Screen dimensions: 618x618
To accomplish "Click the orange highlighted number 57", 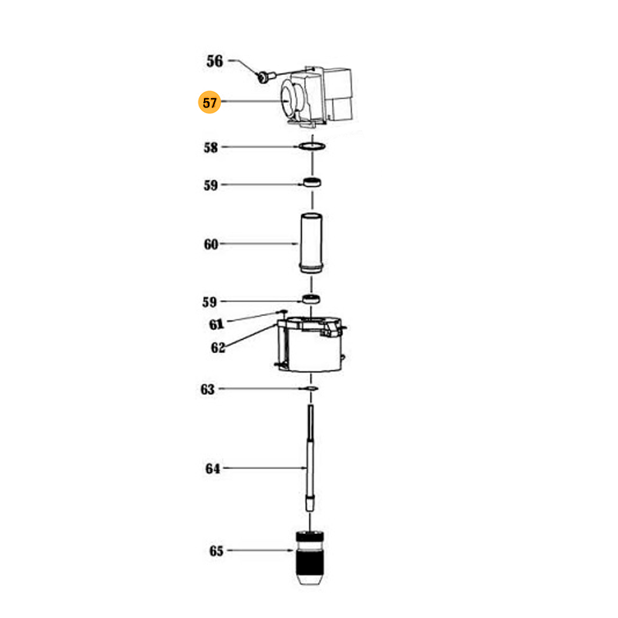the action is click(209, 103).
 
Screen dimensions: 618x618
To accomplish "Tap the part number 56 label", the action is click(215, 61).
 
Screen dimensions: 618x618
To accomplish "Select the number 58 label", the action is click(211, 148).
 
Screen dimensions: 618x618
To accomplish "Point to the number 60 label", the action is click(211, 244).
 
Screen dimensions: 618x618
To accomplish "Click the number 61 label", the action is click(216, 324).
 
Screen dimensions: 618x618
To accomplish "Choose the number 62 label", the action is click(218, 348).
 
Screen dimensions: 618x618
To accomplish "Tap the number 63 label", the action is click(208, 389).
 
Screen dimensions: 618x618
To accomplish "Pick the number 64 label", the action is click(212, 469).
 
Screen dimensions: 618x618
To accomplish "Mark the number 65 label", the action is click(216, 551).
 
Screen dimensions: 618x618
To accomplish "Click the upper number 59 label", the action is click(211, 185).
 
